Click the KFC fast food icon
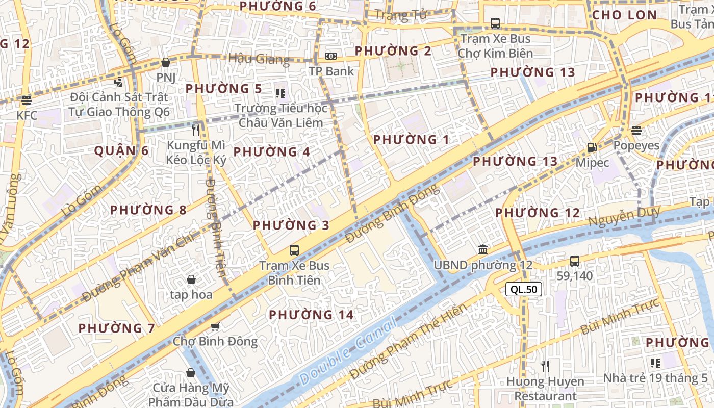point(27,100)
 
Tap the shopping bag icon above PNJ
point(165,63)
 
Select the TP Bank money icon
point(331,56)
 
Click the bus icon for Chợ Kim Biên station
point(495,23)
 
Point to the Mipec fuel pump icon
point(592,147)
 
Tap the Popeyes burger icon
point(636,130)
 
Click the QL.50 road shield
point(523,289)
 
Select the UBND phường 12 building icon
point(482,250)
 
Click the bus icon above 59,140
point(574,261)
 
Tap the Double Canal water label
point(347,351)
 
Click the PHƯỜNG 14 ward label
point(311,315)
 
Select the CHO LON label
point(624,15)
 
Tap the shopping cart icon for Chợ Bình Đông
point(215,326)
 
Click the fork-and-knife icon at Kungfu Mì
point(196,130)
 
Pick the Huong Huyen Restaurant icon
point(545,366)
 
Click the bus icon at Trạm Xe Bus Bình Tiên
point(294,250)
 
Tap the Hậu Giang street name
point(259,59)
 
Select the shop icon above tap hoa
point(191,279)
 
